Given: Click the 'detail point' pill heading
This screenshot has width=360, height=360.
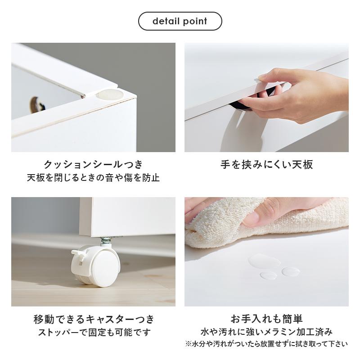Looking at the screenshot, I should coord(180,21).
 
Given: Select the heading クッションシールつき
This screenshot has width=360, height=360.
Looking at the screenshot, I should coord(93,164).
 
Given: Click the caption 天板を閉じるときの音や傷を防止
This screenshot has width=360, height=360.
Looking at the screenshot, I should coord(93,177).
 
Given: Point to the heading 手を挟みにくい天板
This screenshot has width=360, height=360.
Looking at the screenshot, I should coord(266,164).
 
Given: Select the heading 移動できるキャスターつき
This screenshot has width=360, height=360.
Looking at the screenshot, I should coord(93,319).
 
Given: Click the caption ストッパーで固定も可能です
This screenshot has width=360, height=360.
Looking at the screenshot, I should coord(93,333).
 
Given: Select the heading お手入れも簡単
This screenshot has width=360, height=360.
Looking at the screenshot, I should coord(266,319).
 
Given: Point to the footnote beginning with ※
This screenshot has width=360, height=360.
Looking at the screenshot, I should coord(266,344).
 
